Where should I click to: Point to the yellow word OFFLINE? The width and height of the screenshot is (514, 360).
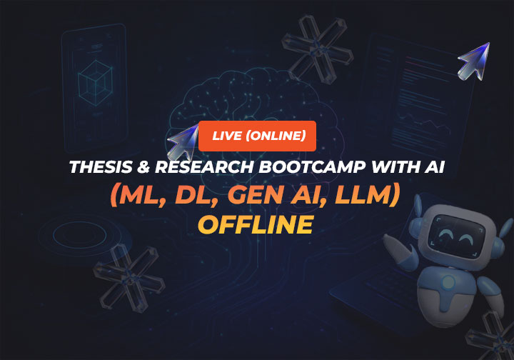coord(256,224)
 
